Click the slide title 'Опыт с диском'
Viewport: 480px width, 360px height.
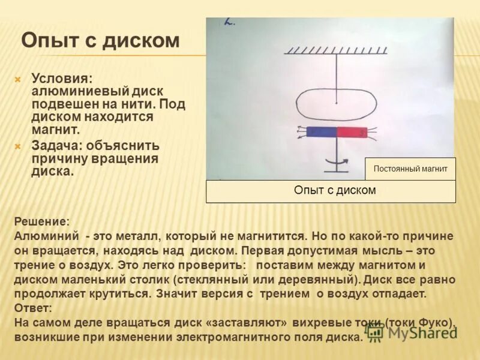[100, 41]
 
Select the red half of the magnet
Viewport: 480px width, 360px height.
[351, 132]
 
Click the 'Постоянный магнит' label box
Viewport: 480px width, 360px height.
[410, 169]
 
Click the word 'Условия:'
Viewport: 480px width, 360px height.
[62, 79]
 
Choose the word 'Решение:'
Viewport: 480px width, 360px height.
[41, 221]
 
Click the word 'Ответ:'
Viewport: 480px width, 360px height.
[33, 308]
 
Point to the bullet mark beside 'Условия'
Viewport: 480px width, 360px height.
[18, 79]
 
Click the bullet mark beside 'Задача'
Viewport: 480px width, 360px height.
[18, 146]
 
